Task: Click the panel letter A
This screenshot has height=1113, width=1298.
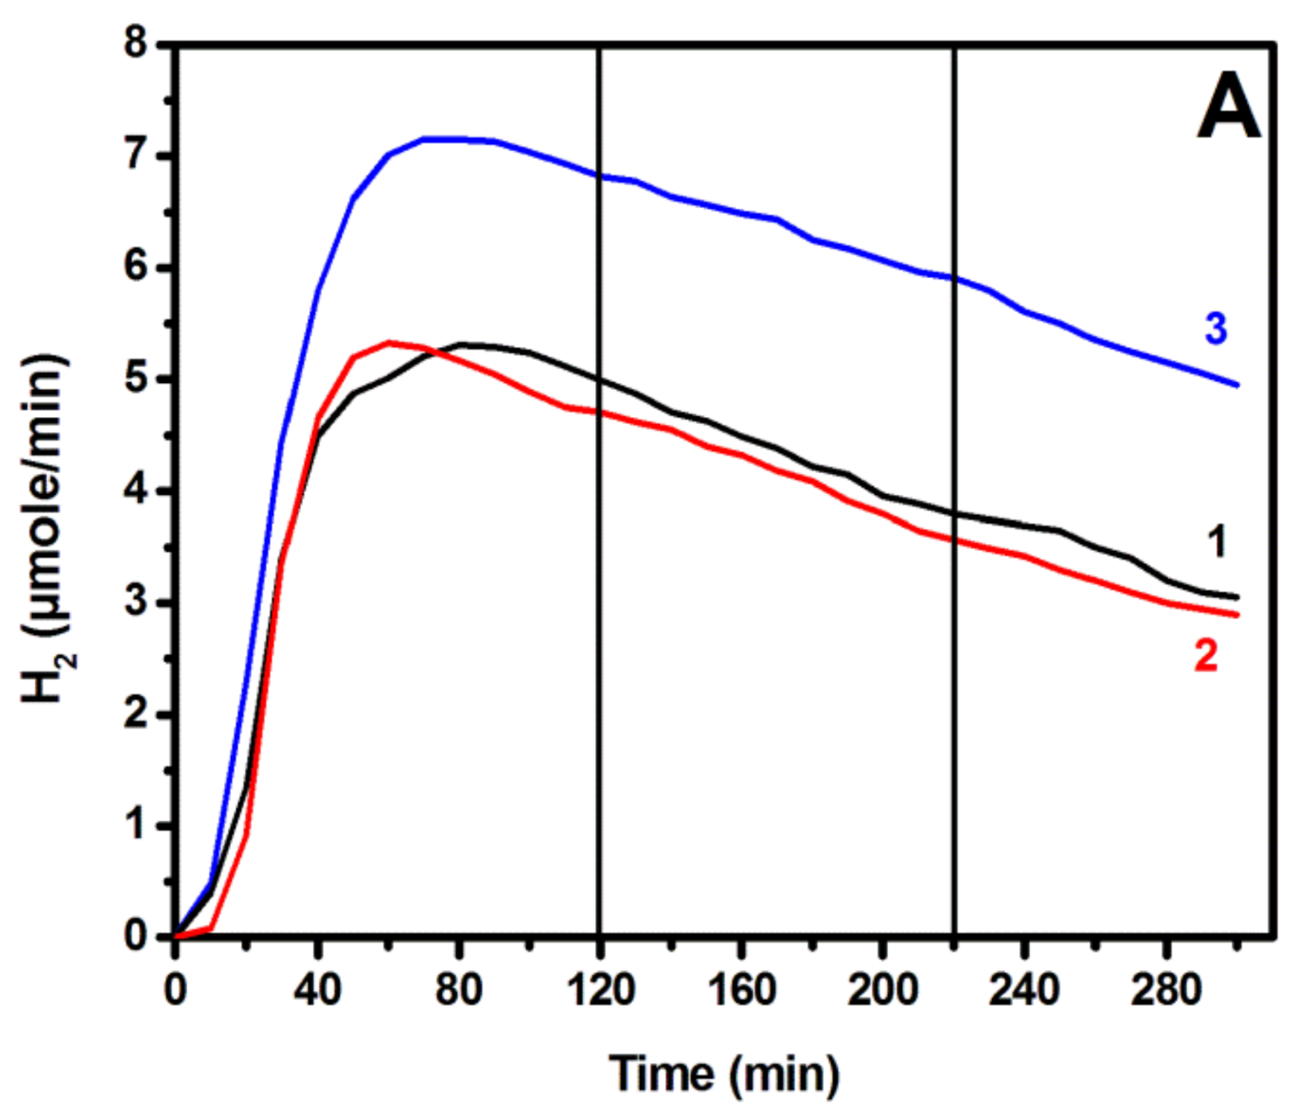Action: point(1228,107)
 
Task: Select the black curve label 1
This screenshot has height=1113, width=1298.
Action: point(1216,542)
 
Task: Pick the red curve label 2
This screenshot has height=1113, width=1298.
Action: point(1206,655)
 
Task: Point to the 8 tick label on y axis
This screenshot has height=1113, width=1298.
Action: point(136,43)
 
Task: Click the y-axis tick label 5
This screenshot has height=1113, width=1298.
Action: point(136,379)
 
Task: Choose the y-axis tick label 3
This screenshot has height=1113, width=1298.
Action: point(136,602)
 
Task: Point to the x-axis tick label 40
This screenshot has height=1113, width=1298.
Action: point(317,989)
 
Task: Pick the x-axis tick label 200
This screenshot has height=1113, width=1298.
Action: point(883,989)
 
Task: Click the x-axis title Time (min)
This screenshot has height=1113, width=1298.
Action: point(724,1073)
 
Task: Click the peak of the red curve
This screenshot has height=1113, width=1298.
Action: point(389,342)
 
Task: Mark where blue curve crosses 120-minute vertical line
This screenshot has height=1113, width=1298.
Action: point(600,176)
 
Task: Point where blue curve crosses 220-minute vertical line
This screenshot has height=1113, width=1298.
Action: point(954,278)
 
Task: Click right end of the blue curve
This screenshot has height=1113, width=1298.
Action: point(1236,385)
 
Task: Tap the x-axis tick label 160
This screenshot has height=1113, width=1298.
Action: point(741,989)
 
